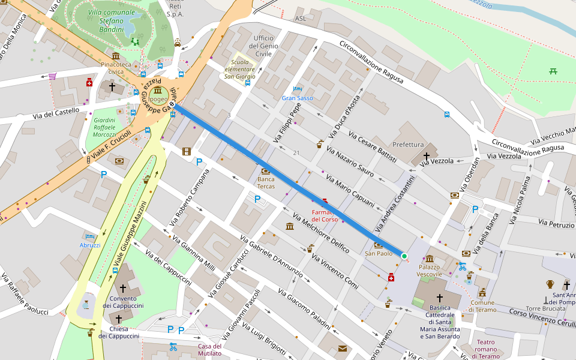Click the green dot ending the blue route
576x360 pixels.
404,256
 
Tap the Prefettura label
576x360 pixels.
408,145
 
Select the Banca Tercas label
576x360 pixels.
266,183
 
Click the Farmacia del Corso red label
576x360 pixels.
325,215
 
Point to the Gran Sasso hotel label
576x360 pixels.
297,98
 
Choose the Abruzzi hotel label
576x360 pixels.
90,245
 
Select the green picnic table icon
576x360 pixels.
553,71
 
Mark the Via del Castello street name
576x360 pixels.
56,113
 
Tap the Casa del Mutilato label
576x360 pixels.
209,349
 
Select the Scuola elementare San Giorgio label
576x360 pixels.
240,69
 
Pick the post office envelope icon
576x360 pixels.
342,349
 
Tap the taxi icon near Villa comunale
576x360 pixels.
178,43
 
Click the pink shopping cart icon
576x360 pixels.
52,76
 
